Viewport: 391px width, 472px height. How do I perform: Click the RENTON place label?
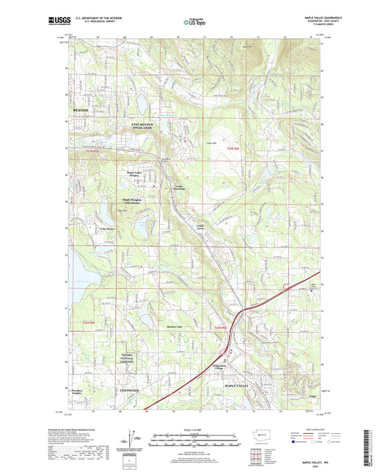click(x=80, y=109)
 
